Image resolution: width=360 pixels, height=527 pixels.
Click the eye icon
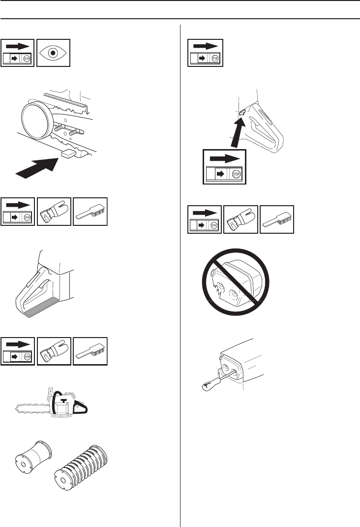click(54, 53)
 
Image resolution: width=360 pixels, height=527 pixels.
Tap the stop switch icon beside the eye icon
click(18, 53)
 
